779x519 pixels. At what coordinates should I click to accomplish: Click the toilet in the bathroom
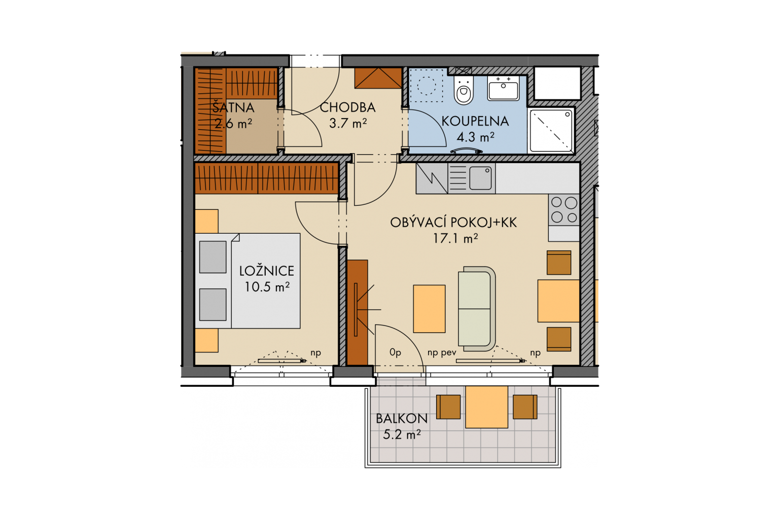coord(464,90)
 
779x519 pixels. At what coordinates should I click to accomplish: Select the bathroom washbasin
coord(503,88)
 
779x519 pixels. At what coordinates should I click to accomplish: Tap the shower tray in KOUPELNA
coord(551,131)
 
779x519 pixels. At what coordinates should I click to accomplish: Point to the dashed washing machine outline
coord(427,86)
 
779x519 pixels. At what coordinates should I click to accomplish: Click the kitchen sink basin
coord(480,178)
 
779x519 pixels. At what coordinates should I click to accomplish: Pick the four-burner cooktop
coord(564,210)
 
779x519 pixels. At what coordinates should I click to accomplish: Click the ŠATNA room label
coord(233,108)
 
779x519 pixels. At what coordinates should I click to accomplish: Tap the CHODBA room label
coord(347,108)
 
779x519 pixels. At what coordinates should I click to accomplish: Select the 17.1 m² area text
coord(455,239)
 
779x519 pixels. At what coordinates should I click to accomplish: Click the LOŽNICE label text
coord(267,271)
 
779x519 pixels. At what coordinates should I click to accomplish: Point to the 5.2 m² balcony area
coord(402,434)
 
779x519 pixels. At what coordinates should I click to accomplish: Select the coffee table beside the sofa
coord(429,309)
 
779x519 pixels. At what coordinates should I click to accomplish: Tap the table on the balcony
coord(486,406)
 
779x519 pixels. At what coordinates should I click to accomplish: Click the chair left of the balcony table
coord(448,406)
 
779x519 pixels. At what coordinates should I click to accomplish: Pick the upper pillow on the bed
coord(213,257)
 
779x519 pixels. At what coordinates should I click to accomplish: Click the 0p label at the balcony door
coord(396,352)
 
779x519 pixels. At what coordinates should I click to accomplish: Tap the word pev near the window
coord(449,353)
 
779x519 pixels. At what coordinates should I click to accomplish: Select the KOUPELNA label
coord(475,121)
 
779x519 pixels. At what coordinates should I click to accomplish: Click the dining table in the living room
coord(558,301)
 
